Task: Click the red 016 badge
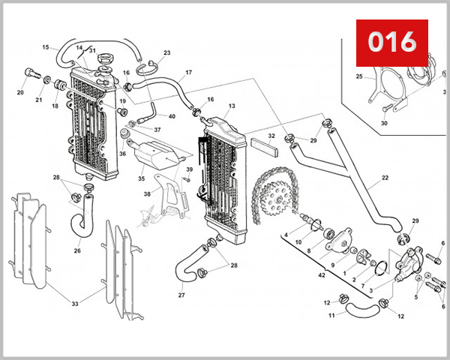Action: (391, 42)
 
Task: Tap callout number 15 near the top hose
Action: (45, 47)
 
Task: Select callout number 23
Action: (166, 52)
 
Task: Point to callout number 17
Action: (188, 73)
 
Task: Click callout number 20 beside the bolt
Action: (20, 93)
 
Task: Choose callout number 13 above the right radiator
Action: (232, 106)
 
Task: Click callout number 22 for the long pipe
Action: (385, 178)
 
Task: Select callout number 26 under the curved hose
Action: (77, 250)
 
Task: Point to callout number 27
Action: (181, 295)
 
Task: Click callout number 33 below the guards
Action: (74, 304)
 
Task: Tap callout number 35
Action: (141, 179)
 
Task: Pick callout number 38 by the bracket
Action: (148, 193)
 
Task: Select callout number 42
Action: (322, 276)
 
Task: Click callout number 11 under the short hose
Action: (331, 316)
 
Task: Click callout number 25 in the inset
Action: (359, 76)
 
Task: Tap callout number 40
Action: (172, 116)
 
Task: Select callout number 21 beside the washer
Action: (38, 100)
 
